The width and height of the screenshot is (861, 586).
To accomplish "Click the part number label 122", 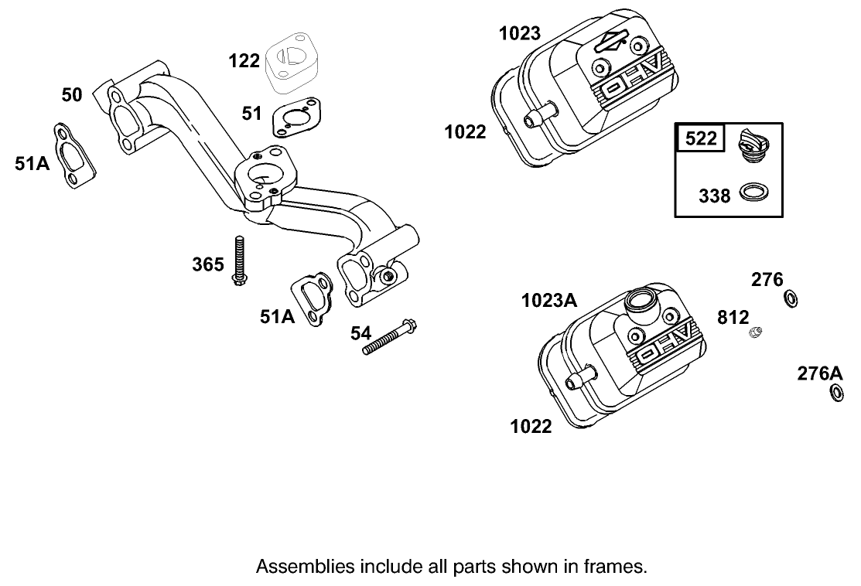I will point(244,60).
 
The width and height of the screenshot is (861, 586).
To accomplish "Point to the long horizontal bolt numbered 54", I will point(390,337).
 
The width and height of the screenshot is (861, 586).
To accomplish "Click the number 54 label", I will point(360,333).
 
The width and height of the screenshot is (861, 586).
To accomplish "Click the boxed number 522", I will point(701,139).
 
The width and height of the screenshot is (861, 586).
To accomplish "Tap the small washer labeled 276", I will point(791,298).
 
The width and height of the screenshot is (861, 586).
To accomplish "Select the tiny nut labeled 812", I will point(756,333).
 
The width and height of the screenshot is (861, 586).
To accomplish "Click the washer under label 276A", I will point(836,394).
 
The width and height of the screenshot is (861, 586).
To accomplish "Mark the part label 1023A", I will point(549,301).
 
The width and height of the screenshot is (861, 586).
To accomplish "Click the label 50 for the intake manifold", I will point(72,95).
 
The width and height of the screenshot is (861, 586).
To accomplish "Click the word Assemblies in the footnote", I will point(293,566).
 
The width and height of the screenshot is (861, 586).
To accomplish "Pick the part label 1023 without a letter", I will point(520,33).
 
